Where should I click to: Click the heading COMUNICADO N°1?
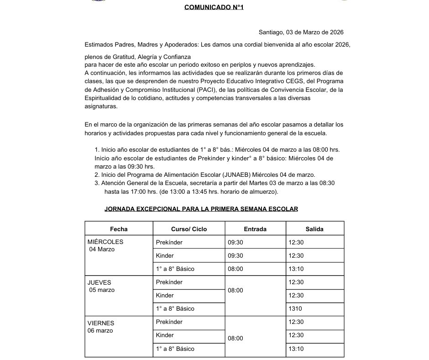tap(214, 7)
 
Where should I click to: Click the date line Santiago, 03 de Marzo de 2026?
tap(301, 32)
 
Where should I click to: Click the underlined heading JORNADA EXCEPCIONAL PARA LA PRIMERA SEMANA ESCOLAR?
tap(201, 209)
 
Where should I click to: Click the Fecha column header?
tap(119, 229)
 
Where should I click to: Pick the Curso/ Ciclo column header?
tap(189, 229)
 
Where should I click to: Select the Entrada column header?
tap(255, 229)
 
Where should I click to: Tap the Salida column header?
tap(314, 229)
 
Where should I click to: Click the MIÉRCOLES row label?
tap(105, 242)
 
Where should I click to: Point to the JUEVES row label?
tap(99, 282)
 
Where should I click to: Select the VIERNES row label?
tap(101, 323)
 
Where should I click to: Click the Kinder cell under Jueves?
tap(165, 295)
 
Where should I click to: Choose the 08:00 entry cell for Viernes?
tap(235, 339)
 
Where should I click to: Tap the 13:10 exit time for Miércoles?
tap(296, 269)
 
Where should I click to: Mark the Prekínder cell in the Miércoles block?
tap(169, 242)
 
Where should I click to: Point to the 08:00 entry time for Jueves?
tap(235, 290)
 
